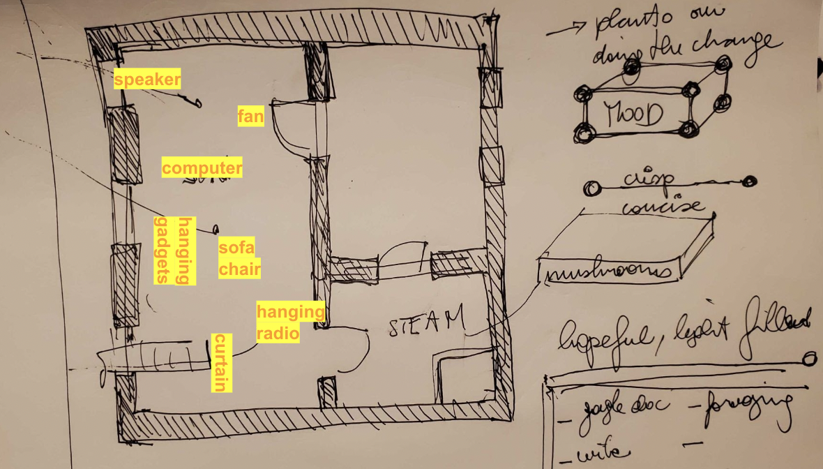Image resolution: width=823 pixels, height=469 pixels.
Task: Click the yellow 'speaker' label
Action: click(x=147, y=80)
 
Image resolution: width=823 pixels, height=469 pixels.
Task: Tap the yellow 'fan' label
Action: click(x=251, y=116)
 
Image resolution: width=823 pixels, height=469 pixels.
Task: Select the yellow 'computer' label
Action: click(x=202, y=168)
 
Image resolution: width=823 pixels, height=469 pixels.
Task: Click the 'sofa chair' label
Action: click(x=239, y=258)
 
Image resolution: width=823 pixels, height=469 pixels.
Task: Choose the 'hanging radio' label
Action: click(x=290, y=322)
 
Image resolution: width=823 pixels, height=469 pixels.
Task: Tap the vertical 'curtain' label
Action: click(x=221, y=362)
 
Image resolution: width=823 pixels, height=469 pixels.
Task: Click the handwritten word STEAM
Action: click(x=426, y=323)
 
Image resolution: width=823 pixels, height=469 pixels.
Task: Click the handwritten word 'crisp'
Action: click(x=648, y=179)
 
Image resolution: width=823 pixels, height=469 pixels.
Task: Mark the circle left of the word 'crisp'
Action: click(x=592, y=188)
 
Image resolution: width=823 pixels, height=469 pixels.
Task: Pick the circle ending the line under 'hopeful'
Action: click(x=809, y=359)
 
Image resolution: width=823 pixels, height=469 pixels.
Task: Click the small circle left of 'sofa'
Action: click(x=216, y=228)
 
